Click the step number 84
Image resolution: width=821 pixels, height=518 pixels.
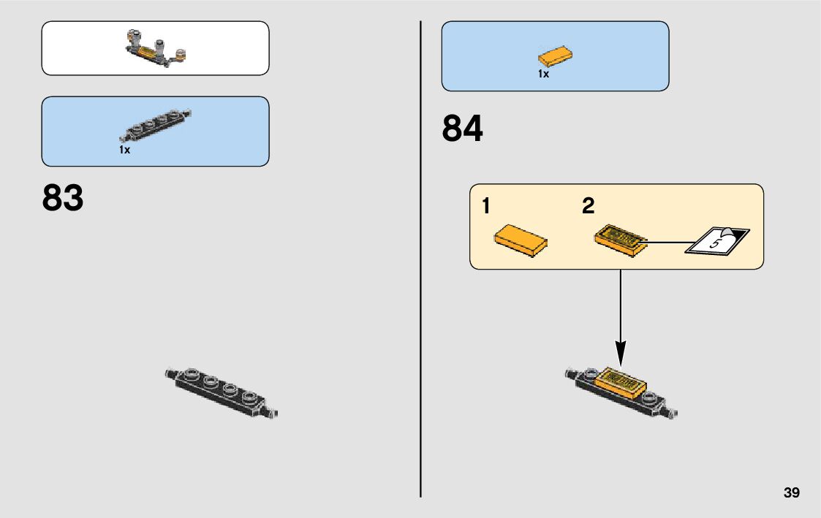click(462, 129)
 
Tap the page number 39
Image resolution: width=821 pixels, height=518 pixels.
click(791, 492)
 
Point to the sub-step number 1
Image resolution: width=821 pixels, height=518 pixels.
click(486, 207)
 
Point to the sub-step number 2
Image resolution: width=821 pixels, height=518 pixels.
click(589, 207)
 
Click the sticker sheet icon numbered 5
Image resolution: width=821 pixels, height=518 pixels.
click(718, 241)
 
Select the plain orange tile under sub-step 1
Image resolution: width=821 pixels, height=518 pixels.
click(522, 239)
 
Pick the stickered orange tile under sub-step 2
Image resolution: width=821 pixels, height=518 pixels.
click(621, 240)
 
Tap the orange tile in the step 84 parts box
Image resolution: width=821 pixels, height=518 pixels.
click(555, 56)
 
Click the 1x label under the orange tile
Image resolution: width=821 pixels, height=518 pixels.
click(543, 74)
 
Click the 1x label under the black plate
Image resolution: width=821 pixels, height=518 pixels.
click(124, 150)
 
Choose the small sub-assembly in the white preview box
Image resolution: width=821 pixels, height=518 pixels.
click(156, 48)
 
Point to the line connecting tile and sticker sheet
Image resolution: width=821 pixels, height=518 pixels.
click(670, 242)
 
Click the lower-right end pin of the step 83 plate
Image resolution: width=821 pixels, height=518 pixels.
click(272, 413)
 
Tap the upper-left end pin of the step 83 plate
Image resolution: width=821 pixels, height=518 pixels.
click(171, 374)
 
